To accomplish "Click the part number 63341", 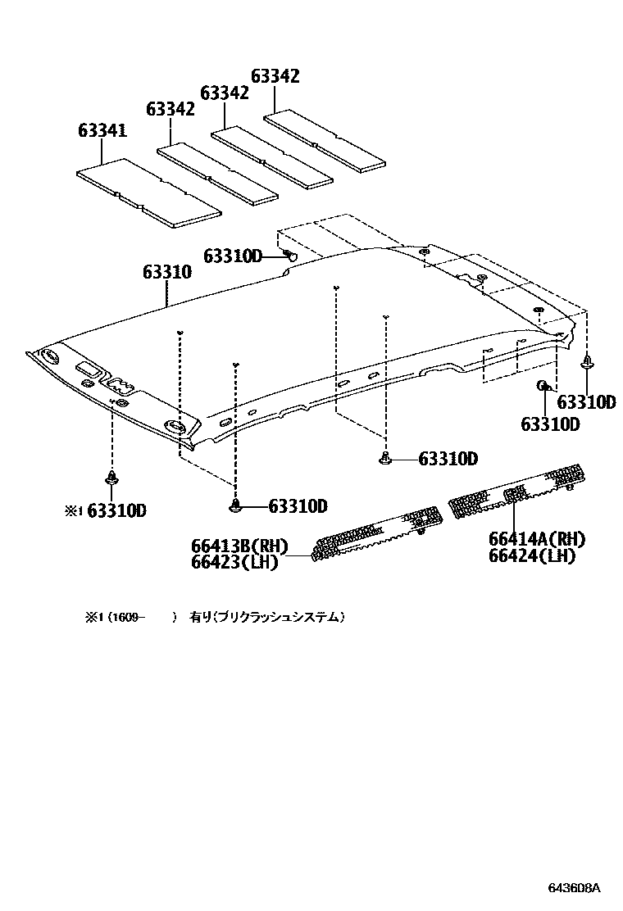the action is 102,130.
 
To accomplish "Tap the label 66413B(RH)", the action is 241,546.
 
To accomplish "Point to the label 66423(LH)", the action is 235,562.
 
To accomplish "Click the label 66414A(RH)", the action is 536,539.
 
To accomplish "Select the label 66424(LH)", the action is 532,555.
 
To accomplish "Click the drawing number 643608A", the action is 575,887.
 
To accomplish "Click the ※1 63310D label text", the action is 106,510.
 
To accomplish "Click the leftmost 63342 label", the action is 171,109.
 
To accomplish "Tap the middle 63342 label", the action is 224,93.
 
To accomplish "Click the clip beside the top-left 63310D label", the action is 291,256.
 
